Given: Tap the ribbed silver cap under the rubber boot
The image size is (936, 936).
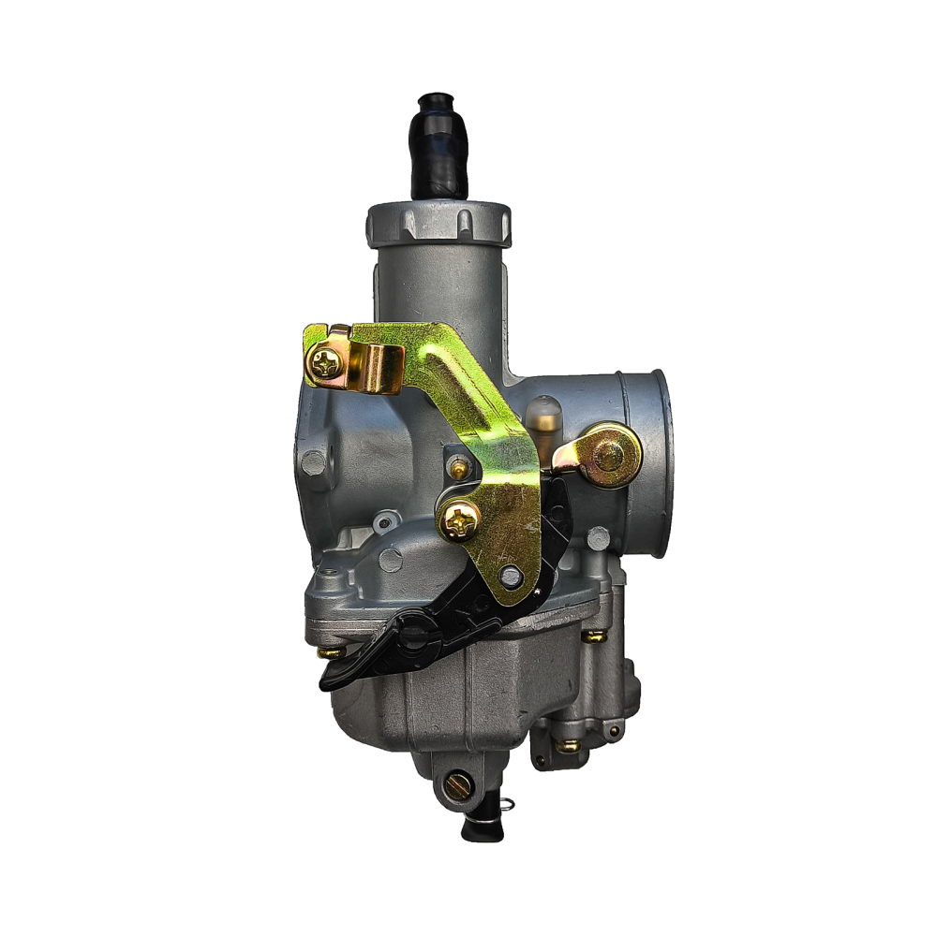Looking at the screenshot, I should click(x=438, y=222).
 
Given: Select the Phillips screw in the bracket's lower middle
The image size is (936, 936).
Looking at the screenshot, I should click(x=460, y=519).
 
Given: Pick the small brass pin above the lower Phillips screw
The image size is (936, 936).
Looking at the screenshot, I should click(x=458, y=467).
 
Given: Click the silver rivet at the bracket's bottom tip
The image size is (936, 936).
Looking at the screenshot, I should click(x=511, y=576).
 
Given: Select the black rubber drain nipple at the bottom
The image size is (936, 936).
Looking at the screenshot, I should click(x=478, y=826).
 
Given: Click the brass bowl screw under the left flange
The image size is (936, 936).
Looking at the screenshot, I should click(x=329, y=652).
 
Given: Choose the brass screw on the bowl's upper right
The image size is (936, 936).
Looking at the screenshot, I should click(x=593, y=636).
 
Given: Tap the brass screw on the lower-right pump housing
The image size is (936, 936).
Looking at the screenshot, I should click(x=568, y=746).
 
